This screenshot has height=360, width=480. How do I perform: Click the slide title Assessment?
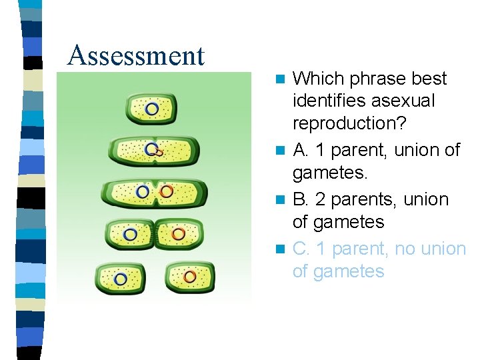[x=136, y=55]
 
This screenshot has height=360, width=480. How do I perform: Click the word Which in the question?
[x=315, y=79]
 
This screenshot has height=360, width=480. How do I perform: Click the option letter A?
[x=300, y=151]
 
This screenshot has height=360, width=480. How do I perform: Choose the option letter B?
[x=300, y=199]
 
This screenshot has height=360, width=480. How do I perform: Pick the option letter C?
[x=301, y=249]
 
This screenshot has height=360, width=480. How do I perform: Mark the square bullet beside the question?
[x=281, y=79]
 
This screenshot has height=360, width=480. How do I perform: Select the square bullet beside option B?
[x=281, y=200]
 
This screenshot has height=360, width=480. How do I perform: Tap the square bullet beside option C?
[x=281, y=249]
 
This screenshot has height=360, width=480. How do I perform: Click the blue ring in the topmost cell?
[x=152, y=108]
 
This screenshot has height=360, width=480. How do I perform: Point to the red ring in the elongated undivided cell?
[x=166, y=192]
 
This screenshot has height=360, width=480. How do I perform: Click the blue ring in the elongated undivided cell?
[x=142, y=192]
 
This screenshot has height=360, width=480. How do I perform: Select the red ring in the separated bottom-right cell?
[x=190, y=276]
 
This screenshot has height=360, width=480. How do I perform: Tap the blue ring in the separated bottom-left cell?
[x=121, y=278]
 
